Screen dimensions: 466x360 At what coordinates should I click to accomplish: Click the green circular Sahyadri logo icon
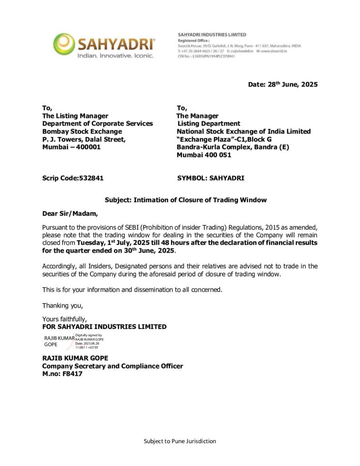click(x=63, y=44)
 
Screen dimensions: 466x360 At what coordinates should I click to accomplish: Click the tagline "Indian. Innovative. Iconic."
click(x=115, y=56)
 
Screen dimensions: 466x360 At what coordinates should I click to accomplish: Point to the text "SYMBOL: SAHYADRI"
click(x=210, y=178)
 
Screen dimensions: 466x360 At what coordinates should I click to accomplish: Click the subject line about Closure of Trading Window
click(x=186, y=200)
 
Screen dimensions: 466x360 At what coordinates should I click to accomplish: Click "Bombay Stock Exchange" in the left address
click(x=82, y=131)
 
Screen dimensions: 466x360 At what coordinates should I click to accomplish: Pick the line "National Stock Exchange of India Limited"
click(x=243, y=131)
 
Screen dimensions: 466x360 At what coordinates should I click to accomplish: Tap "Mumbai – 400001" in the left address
click(x=71, y=147)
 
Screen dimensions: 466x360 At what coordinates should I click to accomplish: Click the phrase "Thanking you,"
click(x=63, y=305)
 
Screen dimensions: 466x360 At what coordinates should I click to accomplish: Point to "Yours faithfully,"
click(x=65, y=319)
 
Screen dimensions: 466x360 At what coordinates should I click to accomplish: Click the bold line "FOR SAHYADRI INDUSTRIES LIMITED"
click(x=104, y=326)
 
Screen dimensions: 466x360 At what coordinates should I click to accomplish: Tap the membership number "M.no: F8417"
click(x=62, y=374)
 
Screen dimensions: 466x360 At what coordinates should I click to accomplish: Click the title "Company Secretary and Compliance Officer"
click(x=112, y=366)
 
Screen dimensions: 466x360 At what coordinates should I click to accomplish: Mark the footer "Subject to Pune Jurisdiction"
click(x=180, y=441)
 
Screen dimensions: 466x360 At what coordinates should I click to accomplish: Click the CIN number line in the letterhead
click(x=206, y=56)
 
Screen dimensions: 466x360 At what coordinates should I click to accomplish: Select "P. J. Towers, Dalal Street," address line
click(x=84, y=139)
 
